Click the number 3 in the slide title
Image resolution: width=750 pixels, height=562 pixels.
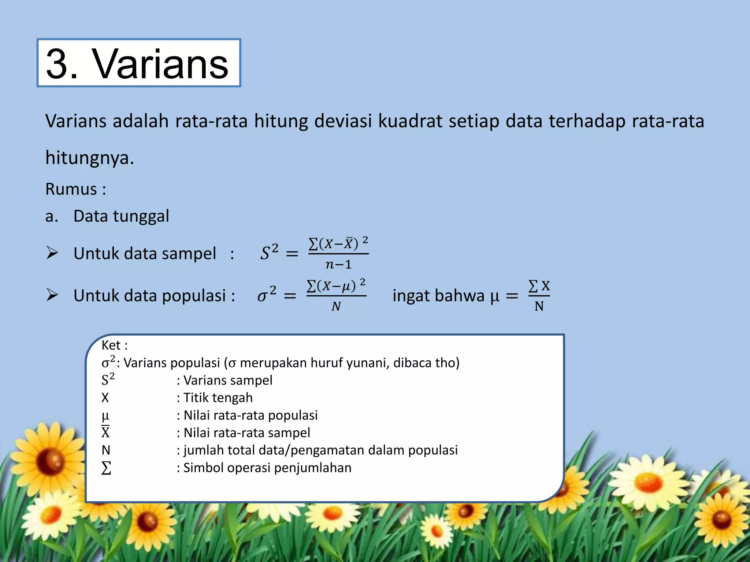coord(57,64)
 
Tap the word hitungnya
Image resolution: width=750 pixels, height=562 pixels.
coord(89,158)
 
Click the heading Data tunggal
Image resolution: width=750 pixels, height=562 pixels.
coord(121,216)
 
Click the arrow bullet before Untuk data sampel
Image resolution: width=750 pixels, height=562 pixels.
coord(52,253)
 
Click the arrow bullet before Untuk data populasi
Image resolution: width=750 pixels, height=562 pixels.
coord(52,295)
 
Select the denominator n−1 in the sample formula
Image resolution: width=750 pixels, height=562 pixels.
coord(338,264)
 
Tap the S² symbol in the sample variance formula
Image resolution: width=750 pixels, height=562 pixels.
coord(269,252)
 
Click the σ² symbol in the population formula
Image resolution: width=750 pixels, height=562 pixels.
coord(267,295)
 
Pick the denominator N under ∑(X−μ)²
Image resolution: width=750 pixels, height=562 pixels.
coord(336,306)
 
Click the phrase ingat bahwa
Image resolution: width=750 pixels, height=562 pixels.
coord(438,296)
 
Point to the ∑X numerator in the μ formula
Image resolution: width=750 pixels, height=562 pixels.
coord(539,286)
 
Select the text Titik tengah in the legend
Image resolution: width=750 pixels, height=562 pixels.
coord(218,398)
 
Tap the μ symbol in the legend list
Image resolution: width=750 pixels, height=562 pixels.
coord(105,416)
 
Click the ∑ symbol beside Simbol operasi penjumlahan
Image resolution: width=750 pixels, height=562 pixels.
coord(106,468)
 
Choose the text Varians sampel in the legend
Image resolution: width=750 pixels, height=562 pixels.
coord(228,380)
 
